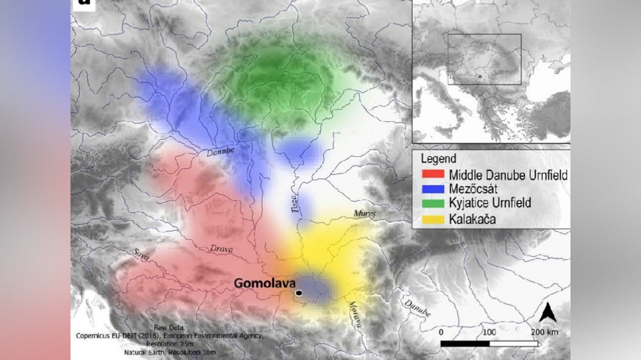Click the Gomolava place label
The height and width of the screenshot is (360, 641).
point(264,283)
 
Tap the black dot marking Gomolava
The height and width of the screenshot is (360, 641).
point(299,293)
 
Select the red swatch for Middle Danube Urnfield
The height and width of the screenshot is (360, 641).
point(433,175)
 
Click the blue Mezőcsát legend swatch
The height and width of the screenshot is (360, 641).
point(433,189)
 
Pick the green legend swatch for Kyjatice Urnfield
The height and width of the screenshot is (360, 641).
point(433,204)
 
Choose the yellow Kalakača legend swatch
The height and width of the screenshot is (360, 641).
point(433,218)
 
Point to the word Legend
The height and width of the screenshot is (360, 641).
point(439,159)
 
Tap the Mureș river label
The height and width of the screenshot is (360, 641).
point(365,214)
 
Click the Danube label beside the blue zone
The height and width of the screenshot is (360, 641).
point(221,152)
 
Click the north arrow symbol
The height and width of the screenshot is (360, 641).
point(548,312)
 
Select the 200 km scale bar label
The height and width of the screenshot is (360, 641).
point(545,332)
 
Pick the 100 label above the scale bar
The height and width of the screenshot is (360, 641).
point(489,332)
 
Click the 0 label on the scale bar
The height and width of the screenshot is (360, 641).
point(441,332)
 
